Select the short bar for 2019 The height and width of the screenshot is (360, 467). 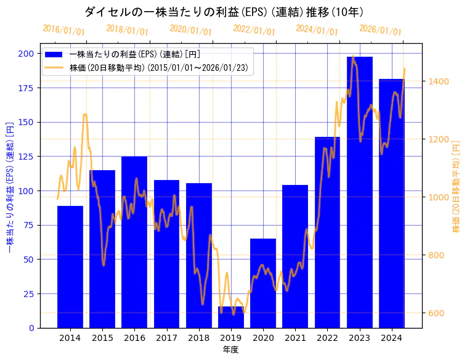click(231, 317)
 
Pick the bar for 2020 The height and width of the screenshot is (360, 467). click(263, 283)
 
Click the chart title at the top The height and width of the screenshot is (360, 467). click(224, 12)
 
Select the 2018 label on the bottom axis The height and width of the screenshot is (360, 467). click(199, 338)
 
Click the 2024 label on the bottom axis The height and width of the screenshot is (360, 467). click(392, 338)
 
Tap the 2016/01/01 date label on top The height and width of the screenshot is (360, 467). click(64, 30)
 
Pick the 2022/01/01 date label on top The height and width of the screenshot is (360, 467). click(254, 30)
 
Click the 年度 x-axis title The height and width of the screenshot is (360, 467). click(230, 350)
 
